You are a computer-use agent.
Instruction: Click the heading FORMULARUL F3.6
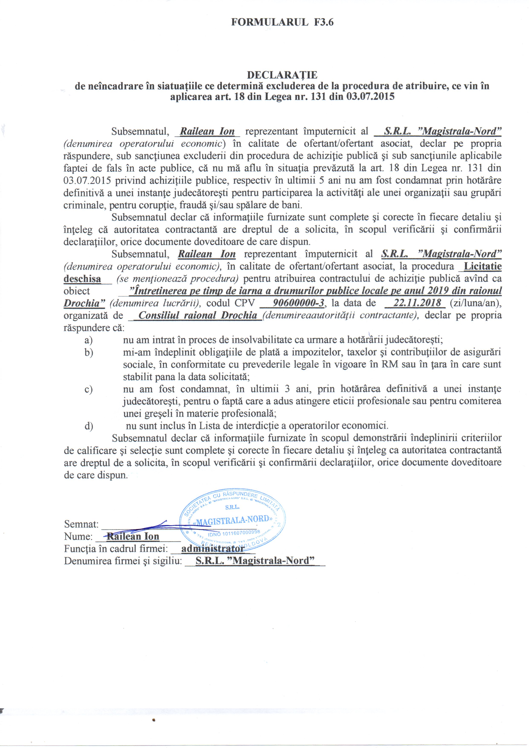click(x=282, y=22)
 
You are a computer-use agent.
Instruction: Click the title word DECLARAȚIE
click(x=282, y=75)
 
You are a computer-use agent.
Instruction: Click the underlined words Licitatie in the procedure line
click(x=482, y=266)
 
